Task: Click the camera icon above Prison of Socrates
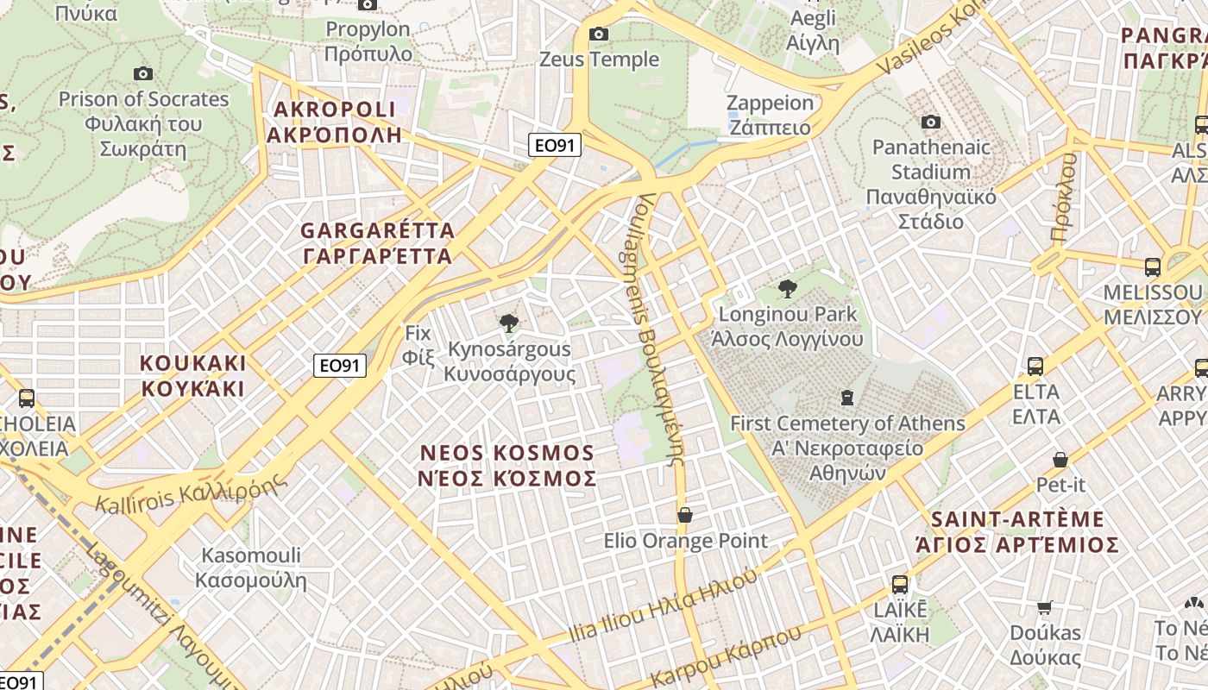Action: pos(143,74)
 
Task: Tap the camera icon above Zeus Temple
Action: pos(598,34)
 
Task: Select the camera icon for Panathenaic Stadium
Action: pos(930,122)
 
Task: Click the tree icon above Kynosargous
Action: pos(509,323)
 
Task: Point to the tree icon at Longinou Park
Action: pos(787,289)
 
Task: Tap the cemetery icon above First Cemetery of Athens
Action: pos(847,398)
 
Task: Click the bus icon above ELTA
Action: pos(1035,367)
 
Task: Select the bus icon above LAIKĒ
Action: pos(899,585)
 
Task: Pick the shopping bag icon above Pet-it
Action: pos(1060,460)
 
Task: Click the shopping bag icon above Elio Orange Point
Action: pos(685,515)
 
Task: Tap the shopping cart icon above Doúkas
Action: pos(1045,607)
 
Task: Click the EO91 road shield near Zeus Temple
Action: pos(555,145)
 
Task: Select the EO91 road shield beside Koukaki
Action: pos(339,366)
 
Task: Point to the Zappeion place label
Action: pos(771,116)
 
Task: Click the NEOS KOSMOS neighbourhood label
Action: pos(507,466)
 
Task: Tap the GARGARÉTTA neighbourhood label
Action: pos(377,243)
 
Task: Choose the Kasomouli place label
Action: pos(250,567)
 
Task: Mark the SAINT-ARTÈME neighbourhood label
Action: pos(1018,531)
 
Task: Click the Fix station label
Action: pos(418,344)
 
